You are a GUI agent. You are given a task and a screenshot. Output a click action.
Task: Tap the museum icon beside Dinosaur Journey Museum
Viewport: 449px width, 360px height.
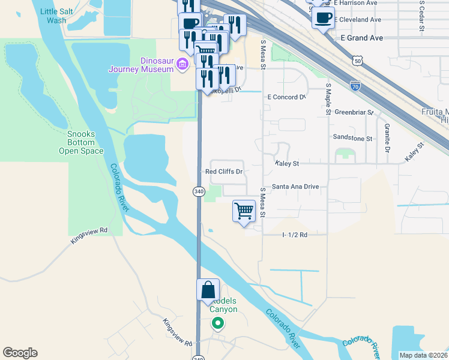(181, 68)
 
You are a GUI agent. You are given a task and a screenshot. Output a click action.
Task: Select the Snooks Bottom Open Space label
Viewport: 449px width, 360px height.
(80, 143)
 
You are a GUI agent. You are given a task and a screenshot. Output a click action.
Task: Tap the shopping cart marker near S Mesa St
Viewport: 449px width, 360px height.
(244, 211)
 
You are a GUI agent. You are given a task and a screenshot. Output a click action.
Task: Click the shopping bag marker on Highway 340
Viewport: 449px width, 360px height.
(207, 290)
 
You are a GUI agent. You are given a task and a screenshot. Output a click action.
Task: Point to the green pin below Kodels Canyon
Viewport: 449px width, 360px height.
(218, 324)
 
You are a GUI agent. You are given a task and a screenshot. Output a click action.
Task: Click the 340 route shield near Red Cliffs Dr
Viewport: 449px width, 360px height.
(199, 191)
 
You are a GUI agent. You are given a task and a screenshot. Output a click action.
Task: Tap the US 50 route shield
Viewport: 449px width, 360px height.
(358, 61)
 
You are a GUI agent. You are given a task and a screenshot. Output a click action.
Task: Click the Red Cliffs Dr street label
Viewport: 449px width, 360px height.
(224, 172)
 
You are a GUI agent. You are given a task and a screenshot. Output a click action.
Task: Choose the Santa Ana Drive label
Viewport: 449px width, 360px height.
(295, 187)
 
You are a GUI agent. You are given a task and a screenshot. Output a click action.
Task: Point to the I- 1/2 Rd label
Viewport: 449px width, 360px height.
(295, 235)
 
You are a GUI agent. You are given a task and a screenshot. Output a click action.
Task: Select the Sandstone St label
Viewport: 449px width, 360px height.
(353, 137)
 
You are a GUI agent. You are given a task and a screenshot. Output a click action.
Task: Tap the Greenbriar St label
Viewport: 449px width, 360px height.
(354, 112)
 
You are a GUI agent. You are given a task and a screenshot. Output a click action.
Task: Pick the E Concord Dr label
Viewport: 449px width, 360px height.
(287, 97)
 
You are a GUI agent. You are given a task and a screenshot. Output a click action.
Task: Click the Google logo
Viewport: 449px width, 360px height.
(20, 353)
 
